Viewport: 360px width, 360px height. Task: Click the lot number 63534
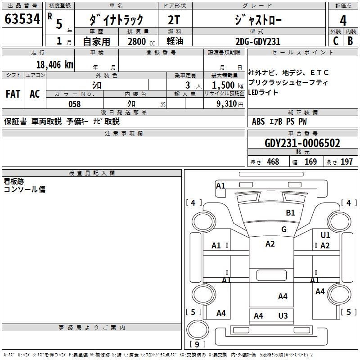(22, 19)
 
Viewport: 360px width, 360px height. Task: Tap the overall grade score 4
(343, 20)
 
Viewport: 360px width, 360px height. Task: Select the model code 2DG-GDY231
(258, 41)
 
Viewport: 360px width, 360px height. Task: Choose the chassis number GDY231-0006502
(302, 144)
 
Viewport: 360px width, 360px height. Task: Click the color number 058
(74, 104)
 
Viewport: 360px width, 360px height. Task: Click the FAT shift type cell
(13, 94)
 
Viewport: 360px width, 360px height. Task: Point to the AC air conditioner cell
(35, 94)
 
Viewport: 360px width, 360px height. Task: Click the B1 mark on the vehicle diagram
(291, 213)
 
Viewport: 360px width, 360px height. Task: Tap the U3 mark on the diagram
(283, 316)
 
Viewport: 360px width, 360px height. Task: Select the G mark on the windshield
(284, 229)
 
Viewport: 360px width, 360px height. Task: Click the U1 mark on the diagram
(325, 235)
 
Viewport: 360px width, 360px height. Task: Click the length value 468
(273, 162)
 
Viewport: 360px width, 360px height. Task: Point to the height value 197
(346, 162)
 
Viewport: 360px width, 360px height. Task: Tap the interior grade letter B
(350, 41)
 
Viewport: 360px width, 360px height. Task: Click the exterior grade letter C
(335, 41)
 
